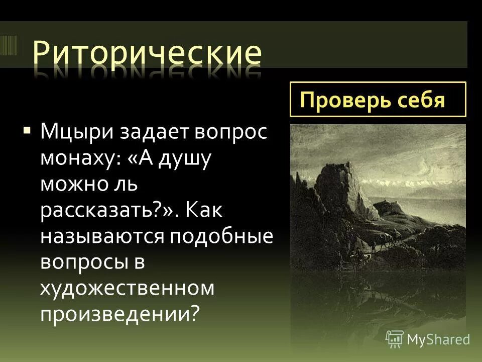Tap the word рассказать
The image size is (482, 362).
103,211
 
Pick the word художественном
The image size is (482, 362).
127,289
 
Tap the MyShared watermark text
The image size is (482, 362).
438,339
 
